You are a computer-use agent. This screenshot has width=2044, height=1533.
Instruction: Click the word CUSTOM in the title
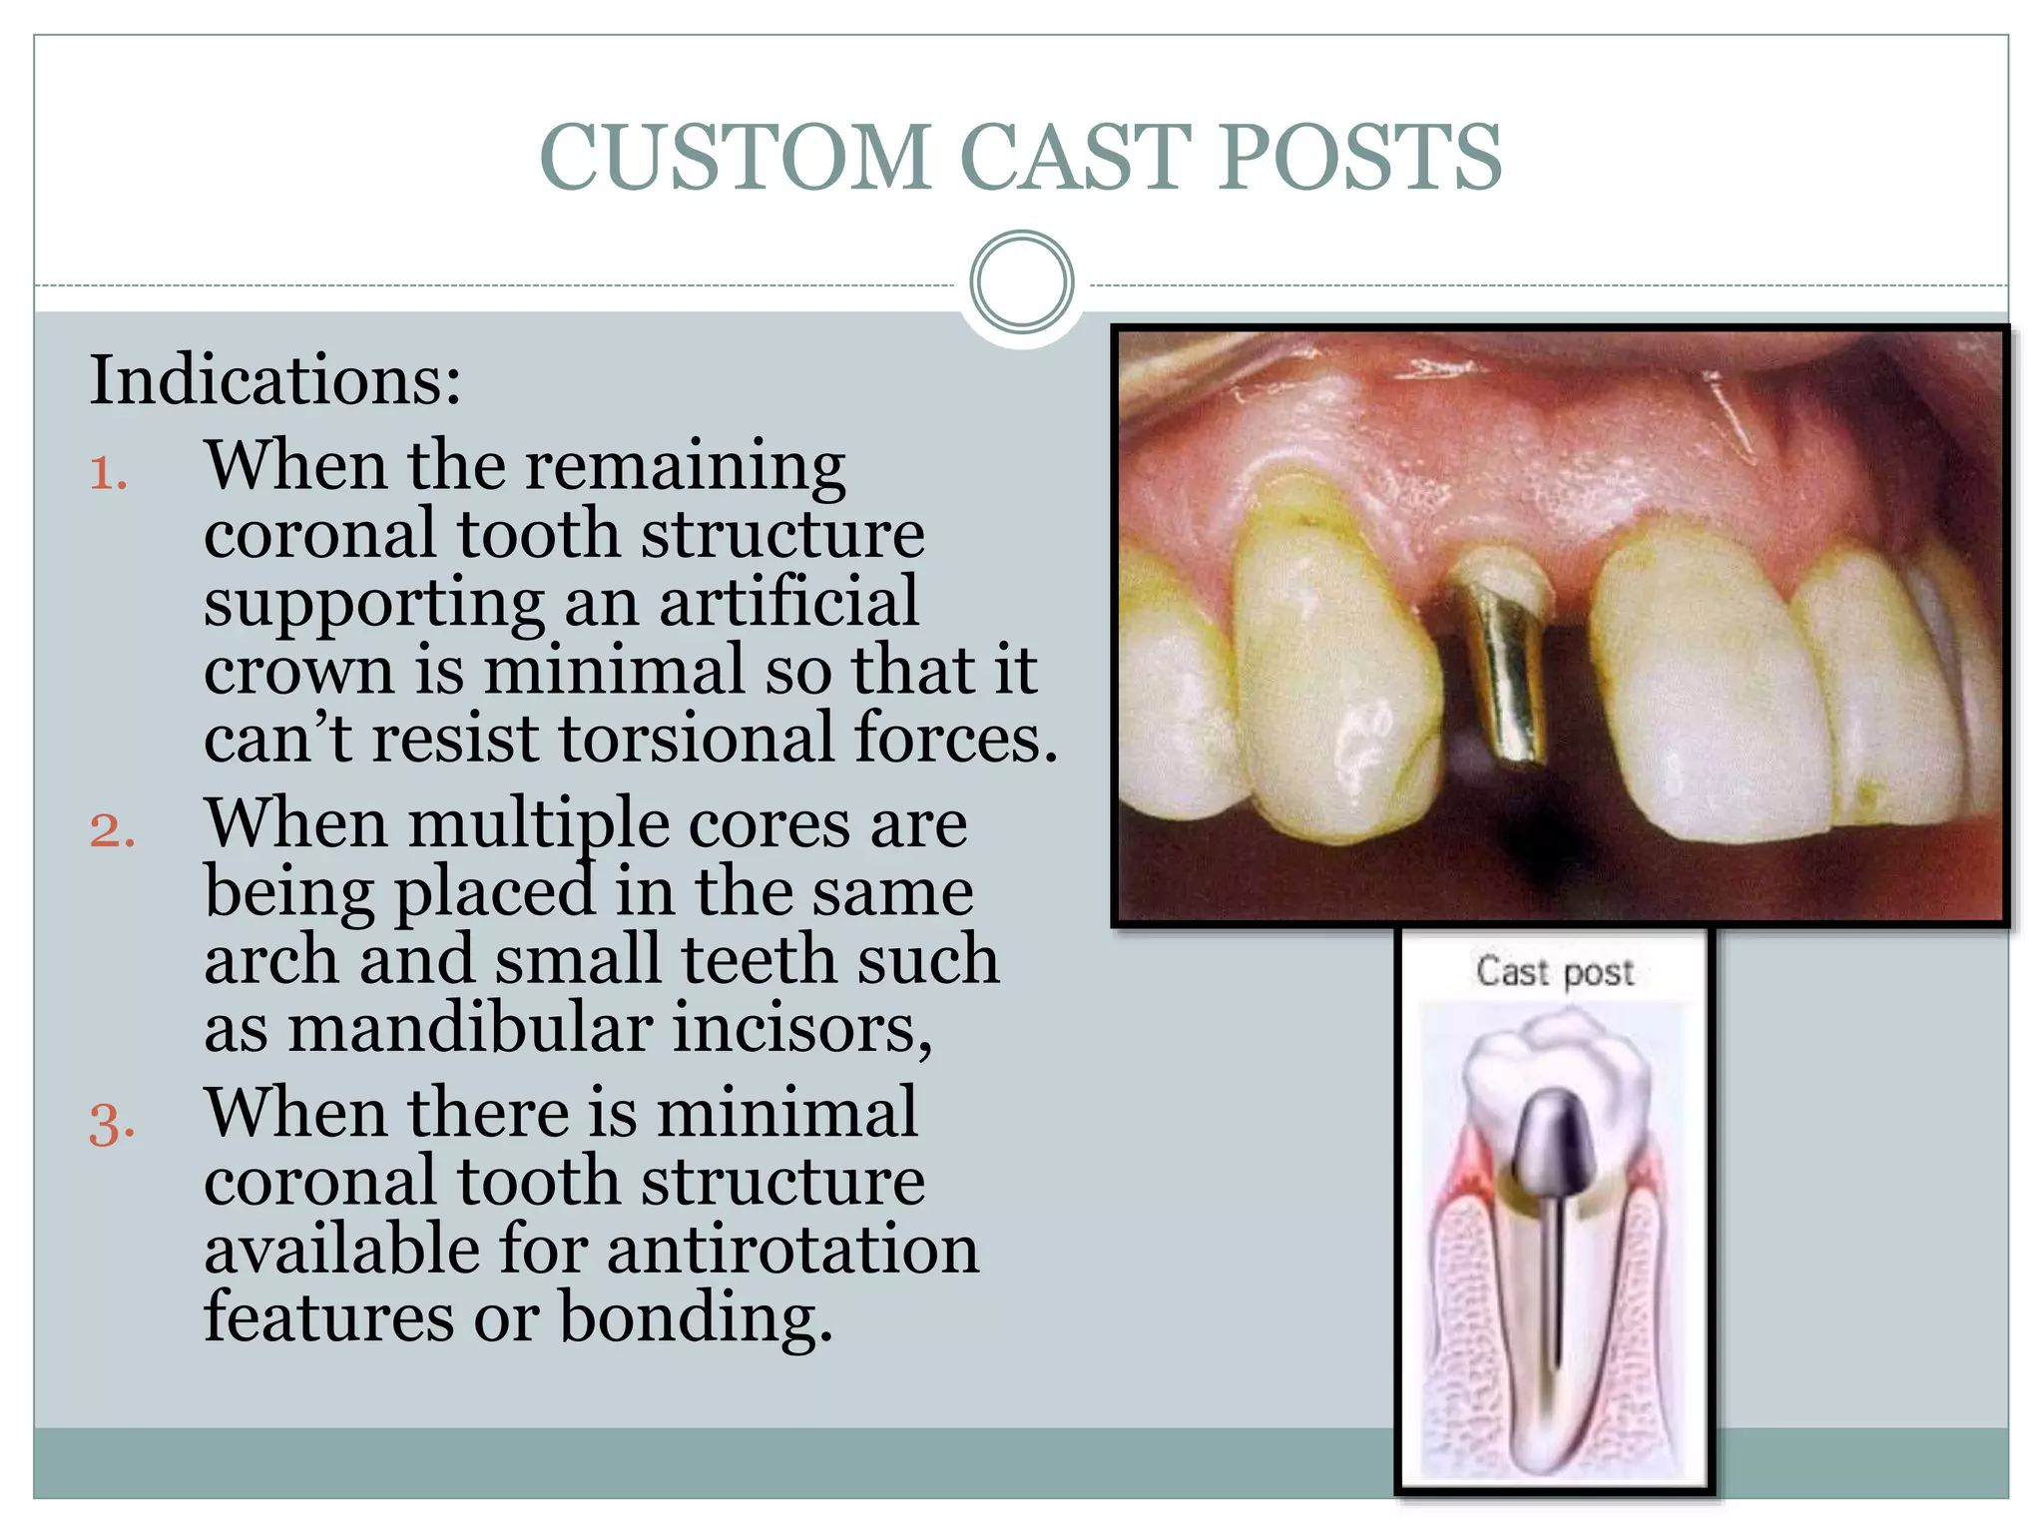pos(736,157)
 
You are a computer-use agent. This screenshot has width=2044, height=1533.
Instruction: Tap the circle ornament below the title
pos(1021,282)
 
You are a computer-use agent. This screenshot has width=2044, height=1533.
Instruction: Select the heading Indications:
pos(275,380)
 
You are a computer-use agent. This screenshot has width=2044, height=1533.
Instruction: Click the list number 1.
pos(109,471)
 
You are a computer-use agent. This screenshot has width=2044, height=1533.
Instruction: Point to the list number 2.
pos(112,829)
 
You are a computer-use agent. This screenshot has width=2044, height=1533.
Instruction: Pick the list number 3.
pos(112,1122)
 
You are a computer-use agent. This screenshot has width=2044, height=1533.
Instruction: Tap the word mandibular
pos(470,1028)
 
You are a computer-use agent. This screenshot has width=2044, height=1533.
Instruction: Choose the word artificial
pos(788,602)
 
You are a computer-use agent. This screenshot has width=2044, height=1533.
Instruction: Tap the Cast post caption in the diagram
pos(1555,971)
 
